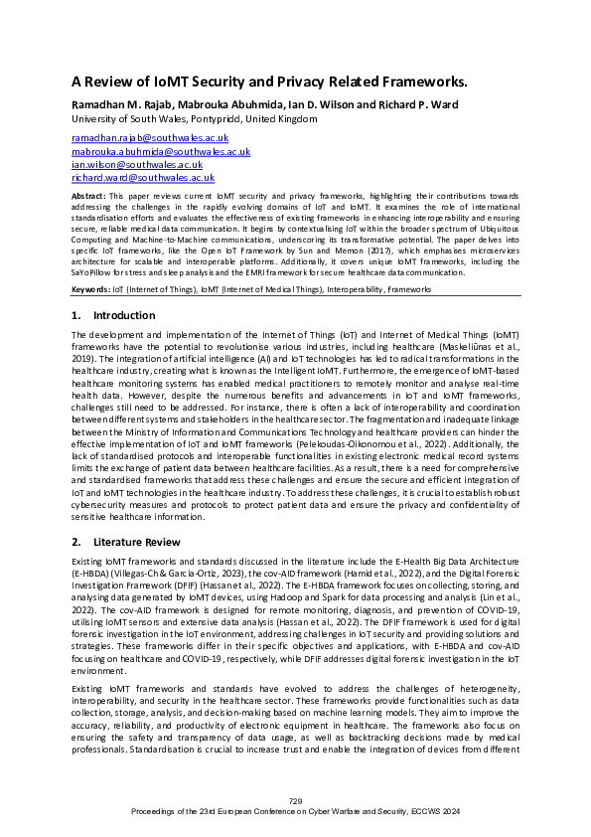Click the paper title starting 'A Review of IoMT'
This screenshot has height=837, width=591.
(269, 84)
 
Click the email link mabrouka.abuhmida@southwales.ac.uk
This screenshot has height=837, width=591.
(161, 151)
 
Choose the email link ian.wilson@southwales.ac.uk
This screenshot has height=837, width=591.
(137, 164)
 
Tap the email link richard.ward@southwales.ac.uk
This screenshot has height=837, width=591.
(143, 177)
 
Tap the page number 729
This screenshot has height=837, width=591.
(295, 801)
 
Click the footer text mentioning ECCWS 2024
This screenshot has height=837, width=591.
(295, 812)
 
